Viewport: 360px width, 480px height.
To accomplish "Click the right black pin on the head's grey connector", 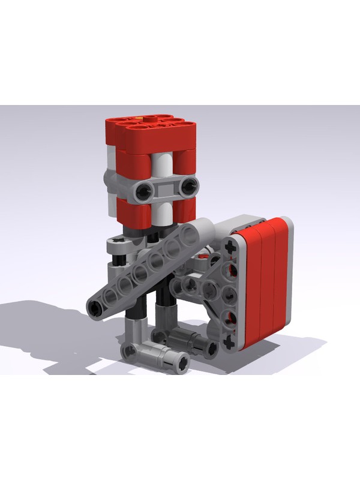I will [x=189, y=186].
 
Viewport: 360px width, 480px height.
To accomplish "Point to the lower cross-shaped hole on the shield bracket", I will [x=229, y=342].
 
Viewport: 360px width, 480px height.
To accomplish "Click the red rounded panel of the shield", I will [x=264, y=282].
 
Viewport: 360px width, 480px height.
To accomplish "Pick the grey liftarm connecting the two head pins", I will [x=167, y=189].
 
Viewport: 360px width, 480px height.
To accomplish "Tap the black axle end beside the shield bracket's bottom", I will [x=212, y=347].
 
